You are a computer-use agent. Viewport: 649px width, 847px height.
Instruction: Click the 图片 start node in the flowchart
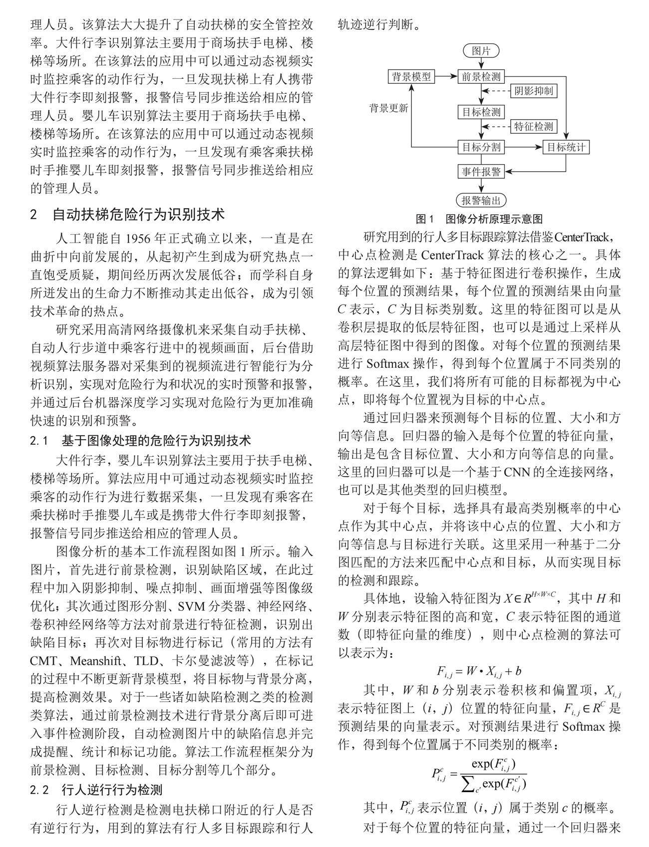pyautogui.click(x=481, y=51)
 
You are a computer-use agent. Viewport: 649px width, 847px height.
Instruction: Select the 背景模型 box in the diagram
pyautogui.click(x=411, y=77)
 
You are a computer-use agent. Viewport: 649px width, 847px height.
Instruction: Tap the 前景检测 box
pyautogui.click(x=481, y=77)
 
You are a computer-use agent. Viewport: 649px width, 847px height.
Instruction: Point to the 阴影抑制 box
pyautogui.click(x=534, y=91)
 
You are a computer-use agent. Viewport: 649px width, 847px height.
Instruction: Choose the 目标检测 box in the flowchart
pyautogui.click(x=481, y=112)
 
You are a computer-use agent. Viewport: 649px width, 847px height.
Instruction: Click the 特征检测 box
pyautogui.click(x=534, y=126)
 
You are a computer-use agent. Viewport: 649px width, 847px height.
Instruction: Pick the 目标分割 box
pyautogui.click(x=481, y=147)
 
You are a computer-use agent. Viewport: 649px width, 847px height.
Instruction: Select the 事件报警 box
pyautogui.click(x=481, y=172)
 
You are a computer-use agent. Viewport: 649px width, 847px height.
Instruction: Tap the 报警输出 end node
pyautogui.click(x=481, y=201)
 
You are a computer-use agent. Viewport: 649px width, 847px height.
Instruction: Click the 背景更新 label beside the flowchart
pyautogui.click(x=388, y=108)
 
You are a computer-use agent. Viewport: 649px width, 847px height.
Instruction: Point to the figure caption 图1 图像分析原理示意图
pyautogui.click(x=479, y=219)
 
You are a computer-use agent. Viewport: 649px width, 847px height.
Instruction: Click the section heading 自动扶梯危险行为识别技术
pyautogui.click(x=139, y=215)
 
